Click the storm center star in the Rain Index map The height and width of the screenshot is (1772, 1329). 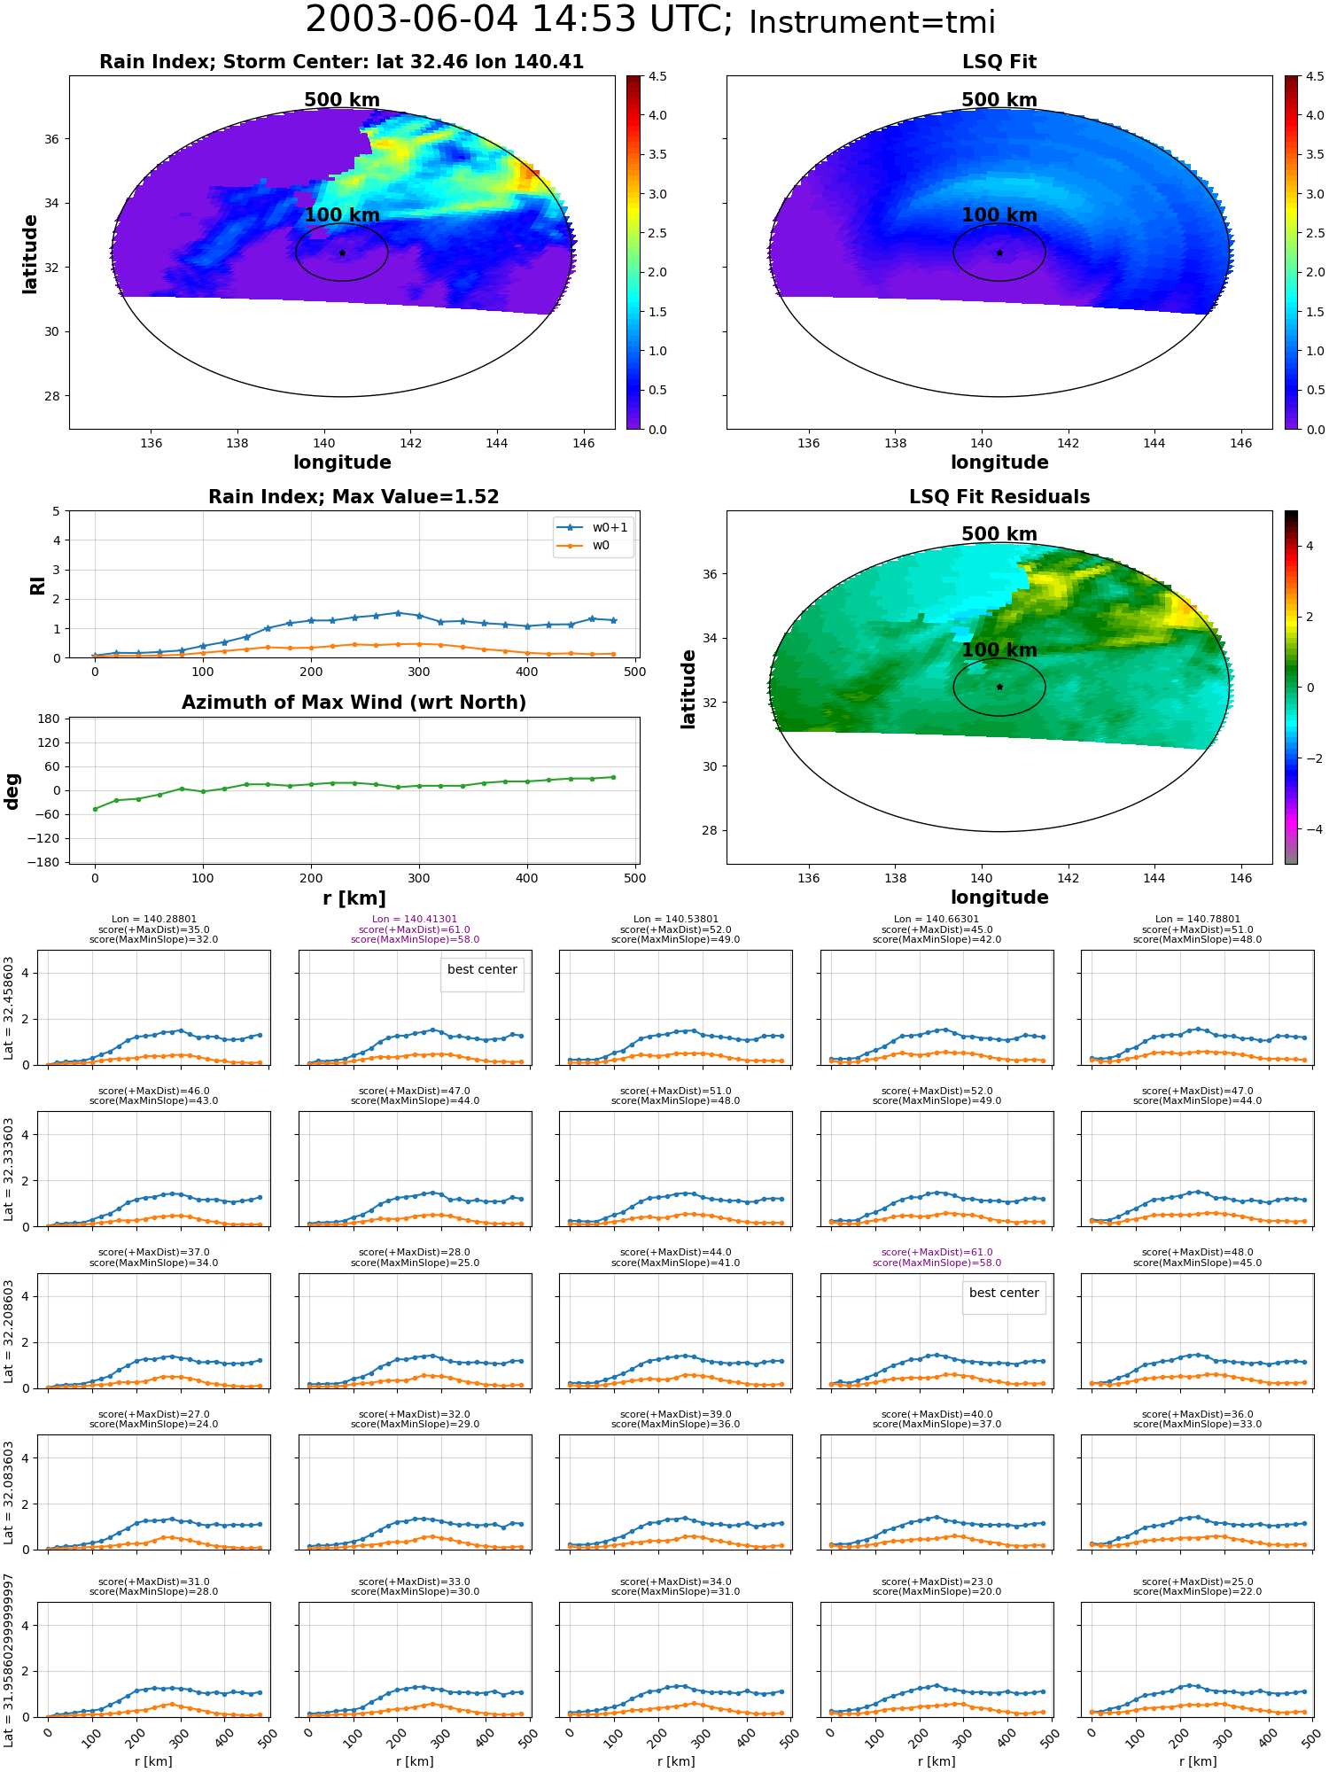click(342, 253)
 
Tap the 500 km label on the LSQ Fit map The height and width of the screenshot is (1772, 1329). click(999, 100)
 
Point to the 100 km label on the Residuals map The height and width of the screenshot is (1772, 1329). click(999, 649)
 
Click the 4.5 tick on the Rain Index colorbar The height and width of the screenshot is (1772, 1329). click(657, 76)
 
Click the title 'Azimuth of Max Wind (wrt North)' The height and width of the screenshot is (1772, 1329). click(354, 703)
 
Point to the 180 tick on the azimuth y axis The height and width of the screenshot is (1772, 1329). click(49, 719)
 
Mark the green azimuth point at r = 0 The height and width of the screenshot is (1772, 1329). click(95, 809)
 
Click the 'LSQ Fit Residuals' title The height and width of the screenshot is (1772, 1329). click(999, 497)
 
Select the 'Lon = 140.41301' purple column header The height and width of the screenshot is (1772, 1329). click(415, 919)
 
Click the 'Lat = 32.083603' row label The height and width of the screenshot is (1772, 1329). click(9, 1492)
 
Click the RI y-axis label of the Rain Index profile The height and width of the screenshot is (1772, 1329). click(37, 585)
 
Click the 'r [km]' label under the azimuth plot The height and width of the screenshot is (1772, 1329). click(354, 898)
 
